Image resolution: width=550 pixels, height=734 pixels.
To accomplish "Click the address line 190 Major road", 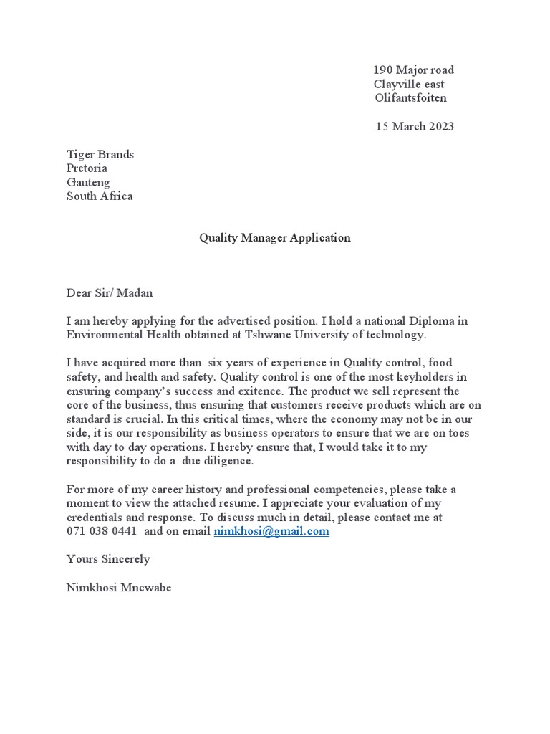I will coord(413,70).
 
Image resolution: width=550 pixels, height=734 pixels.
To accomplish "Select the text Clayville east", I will coord(409,85).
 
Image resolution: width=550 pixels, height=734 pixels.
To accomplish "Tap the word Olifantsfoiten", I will coord(410,98).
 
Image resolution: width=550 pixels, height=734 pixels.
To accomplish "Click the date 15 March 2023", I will coord(415,127).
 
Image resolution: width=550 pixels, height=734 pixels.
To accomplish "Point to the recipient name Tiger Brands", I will coord(100,155).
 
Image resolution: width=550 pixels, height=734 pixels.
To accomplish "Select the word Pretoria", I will coord(87,168).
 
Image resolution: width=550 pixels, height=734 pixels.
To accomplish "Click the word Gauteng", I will coord(88,183).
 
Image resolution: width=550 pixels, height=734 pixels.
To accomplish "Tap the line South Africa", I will coord(100,196).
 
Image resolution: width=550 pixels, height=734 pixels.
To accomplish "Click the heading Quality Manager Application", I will coord(275,238).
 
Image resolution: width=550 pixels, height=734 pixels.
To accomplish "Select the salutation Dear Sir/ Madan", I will coord(110,293).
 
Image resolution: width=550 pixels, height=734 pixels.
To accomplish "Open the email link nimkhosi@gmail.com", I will coord(271,531).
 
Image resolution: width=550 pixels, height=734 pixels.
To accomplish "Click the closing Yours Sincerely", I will coord(108,559).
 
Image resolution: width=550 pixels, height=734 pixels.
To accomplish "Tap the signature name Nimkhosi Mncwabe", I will coord(119,588).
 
